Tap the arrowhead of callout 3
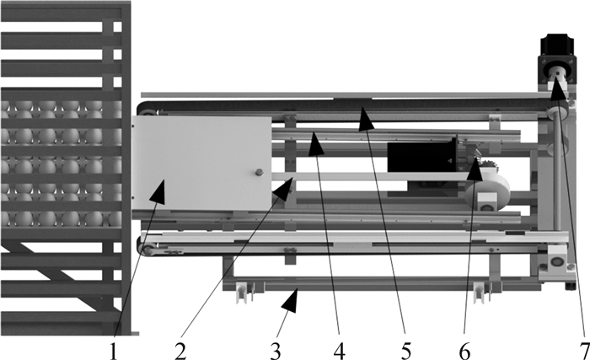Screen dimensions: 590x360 292,300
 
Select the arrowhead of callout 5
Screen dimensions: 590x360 365,119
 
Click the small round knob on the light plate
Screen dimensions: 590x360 259,173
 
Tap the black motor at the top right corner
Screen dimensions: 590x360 557,60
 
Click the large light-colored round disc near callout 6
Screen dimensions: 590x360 488,192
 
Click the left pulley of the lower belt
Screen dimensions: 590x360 147,250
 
